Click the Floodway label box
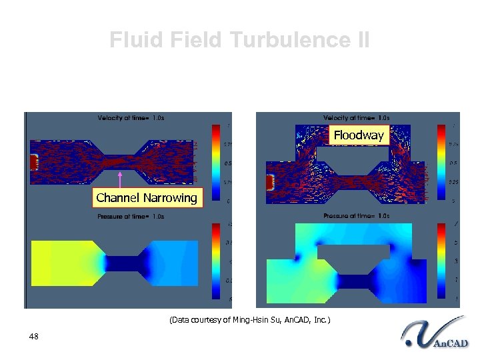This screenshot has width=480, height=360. pyautogui.click(x=359, y=135)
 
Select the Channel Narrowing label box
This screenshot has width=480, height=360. pyautogui.click(x=147, y=197)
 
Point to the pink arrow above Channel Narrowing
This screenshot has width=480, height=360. pyautogui.click(x=119, y=180)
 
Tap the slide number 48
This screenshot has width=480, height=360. pyautogui.click(x=34, y=337)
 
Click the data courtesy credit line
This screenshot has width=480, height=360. pyautogui.click(x=249, y=320)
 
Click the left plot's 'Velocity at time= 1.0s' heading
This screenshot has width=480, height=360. pyautogui.click(x=131, y=118)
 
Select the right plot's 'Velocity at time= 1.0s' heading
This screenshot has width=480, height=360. pyautogui.click(x=356, y=118)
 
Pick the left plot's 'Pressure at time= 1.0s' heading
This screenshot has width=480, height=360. pyautogui.click(x=131, y=217)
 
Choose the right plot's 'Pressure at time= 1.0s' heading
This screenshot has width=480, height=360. pyautogui.click(x=356, y=216)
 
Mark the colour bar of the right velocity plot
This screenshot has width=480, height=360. pyautogui.click(x=441, y=161)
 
